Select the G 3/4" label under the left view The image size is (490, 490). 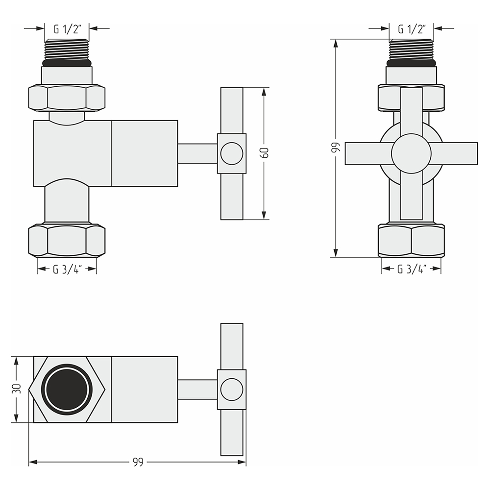[67, 269]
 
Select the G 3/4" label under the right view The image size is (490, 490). [412, 269]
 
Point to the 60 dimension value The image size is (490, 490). [265, 153]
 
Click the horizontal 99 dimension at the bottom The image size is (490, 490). [138, 462]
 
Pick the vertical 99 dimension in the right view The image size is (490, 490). [335, 148]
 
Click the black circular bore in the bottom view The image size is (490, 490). [67, 390]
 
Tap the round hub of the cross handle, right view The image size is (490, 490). [411, 153]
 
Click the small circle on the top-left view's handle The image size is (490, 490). [232, 153]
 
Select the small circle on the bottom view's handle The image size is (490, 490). [232, 390]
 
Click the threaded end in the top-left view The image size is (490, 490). [67, 49]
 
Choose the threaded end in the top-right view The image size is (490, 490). [411, 49]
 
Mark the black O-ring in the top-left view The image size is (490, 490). [67, 63]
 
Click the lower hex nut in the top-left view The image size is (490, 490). [67, 240]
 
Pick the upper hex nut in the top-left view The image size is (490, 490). [67, 98]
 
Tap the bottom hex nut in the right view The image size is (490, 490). [411, 240]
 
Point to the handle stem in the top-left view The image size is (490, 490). [197, 153]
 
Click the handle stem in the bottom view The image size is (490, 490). [197, 390]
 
